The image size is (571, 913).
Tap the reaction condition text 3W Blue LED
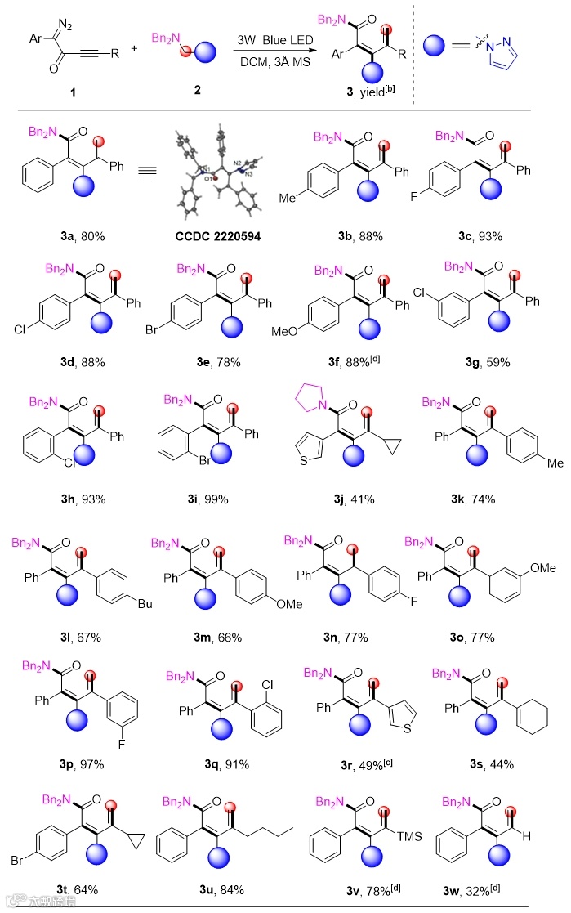point(272,39)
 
